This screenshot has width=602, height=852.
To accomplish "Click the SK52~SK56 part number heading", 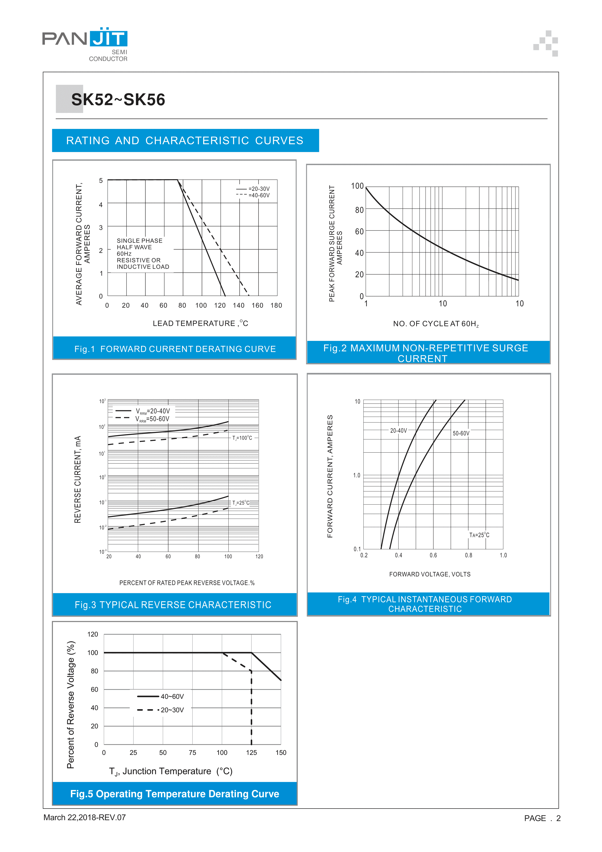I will (118, 100).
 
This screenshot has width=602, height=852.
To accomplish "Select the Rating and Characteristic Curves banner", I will (185, 141).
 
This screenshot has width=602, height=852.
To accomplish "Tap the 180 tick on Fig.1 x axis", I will (276, 305).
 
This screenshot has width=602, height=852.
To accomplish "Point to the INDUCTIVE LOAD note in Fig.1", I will (143, 267).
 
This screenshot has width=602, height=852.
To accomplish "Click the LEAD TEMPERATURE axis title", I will (200, 324).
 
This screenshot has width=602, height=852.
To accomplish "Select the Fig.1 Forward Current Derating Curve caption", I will (175, 349).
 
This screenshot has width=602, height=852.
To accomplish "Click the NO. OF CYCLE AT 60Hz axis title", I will (436, 324).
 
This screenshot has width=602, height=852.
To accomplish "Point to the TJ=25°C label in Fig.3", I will (241, 503).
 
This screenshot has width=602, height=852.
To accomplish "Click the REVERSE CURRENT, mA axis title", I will (77, 480).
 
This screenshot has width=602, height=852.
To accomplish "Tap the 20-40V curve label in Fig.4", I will (398, 431).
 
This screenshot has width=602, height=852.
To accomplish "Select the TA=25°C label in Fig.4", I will (479, 535).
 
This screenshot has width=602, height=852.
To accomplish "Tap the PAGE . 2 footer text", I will (542, 818).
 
